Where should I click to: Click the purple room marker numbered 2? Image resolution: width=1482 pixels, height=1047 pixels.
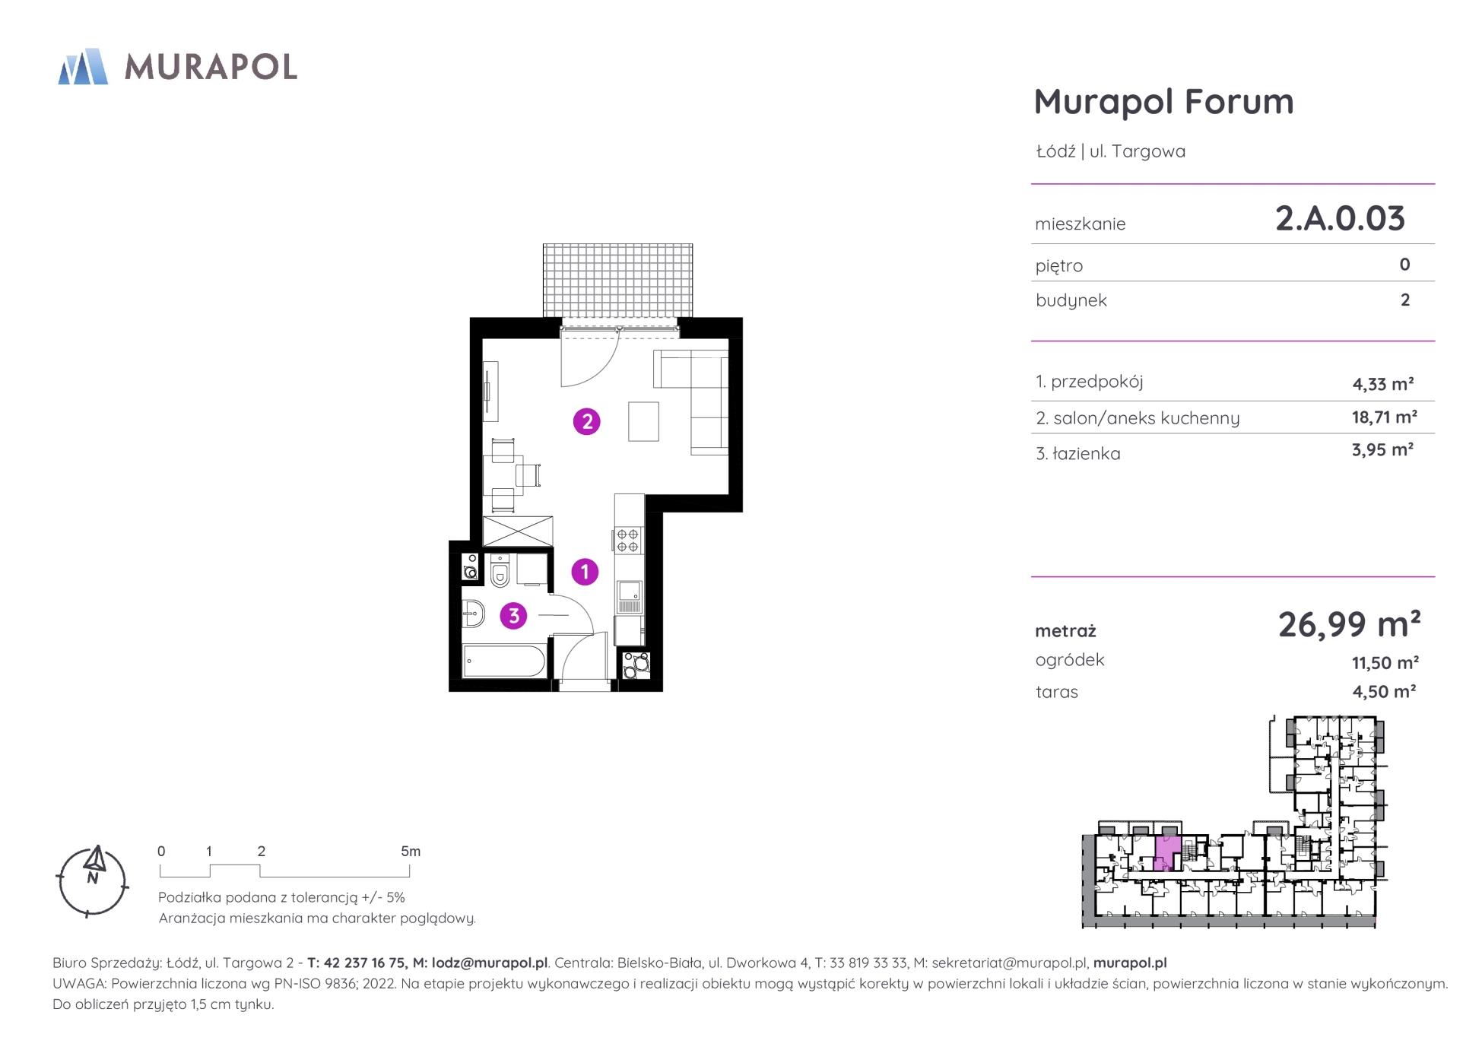586,421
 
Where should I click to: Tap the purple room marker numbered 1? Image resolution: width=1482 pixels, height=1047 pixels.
585,571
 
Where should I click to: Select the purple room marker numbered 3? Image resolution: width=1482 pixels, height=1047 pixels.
513,615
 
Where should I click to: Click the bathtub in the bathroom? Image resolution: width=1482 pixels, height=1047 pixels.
503,662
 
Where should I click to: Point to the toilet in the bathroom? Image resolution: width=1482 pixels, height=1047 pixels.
500,571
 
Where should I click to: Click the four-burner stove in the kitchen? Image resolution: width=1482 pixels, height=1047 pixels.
628,540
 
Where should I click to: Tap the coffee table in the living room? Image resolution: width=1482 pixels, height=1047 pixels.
643,421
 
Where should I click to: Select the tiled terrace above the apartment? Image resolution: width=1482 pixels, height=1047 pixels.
617,281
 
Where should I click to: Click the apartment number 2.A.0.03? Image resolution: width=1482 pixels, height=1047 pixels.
1340,218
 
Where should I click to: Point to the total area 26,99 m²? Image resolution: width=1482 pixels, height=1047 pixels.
1349,624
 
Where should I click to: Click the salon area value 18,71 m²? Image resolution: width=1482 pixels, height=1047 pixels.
1384,417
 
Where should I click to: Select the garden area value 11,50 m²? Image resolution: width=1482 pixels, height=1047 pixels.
1385,662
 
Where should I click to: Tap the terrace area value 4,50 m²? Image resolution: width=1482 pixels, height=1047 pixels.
1383,691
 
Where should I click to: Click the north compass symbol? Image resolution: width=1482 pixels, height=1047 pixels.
93,881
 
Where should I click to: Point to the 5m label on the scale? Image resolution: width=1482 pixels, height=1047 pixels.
411,851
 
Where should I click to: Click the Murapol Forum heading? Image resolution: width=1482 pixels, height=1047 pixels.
1163,101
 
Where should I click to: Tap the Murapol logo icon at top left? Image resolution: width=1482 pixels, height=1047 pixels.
83,66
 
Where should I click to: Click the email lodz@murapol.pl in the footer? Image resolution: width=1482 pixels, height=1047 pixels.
490,963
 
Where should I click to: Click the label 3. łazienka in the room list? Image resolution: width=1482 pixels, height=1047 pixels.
1077,454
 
